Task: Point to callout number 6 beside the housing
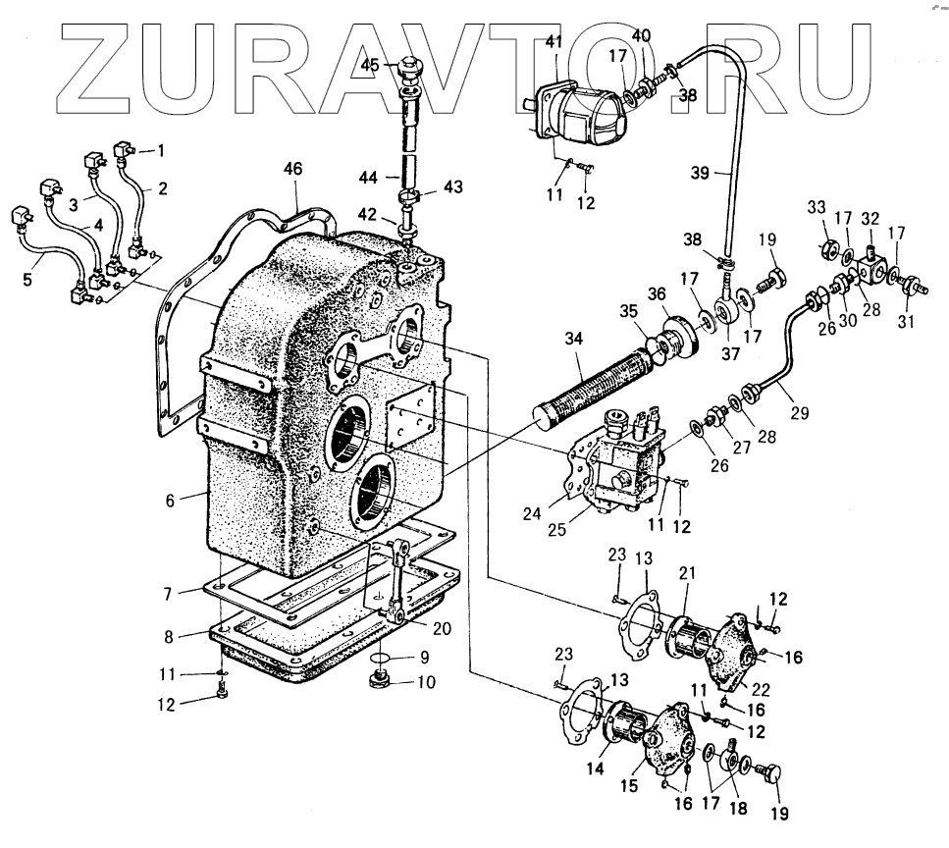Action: click(170, 501)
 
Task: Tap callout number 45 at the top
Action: click(397, 65)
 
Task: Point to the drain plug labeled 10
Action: click(381, 679)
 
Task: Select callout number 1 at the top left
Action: click(161, 151)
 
